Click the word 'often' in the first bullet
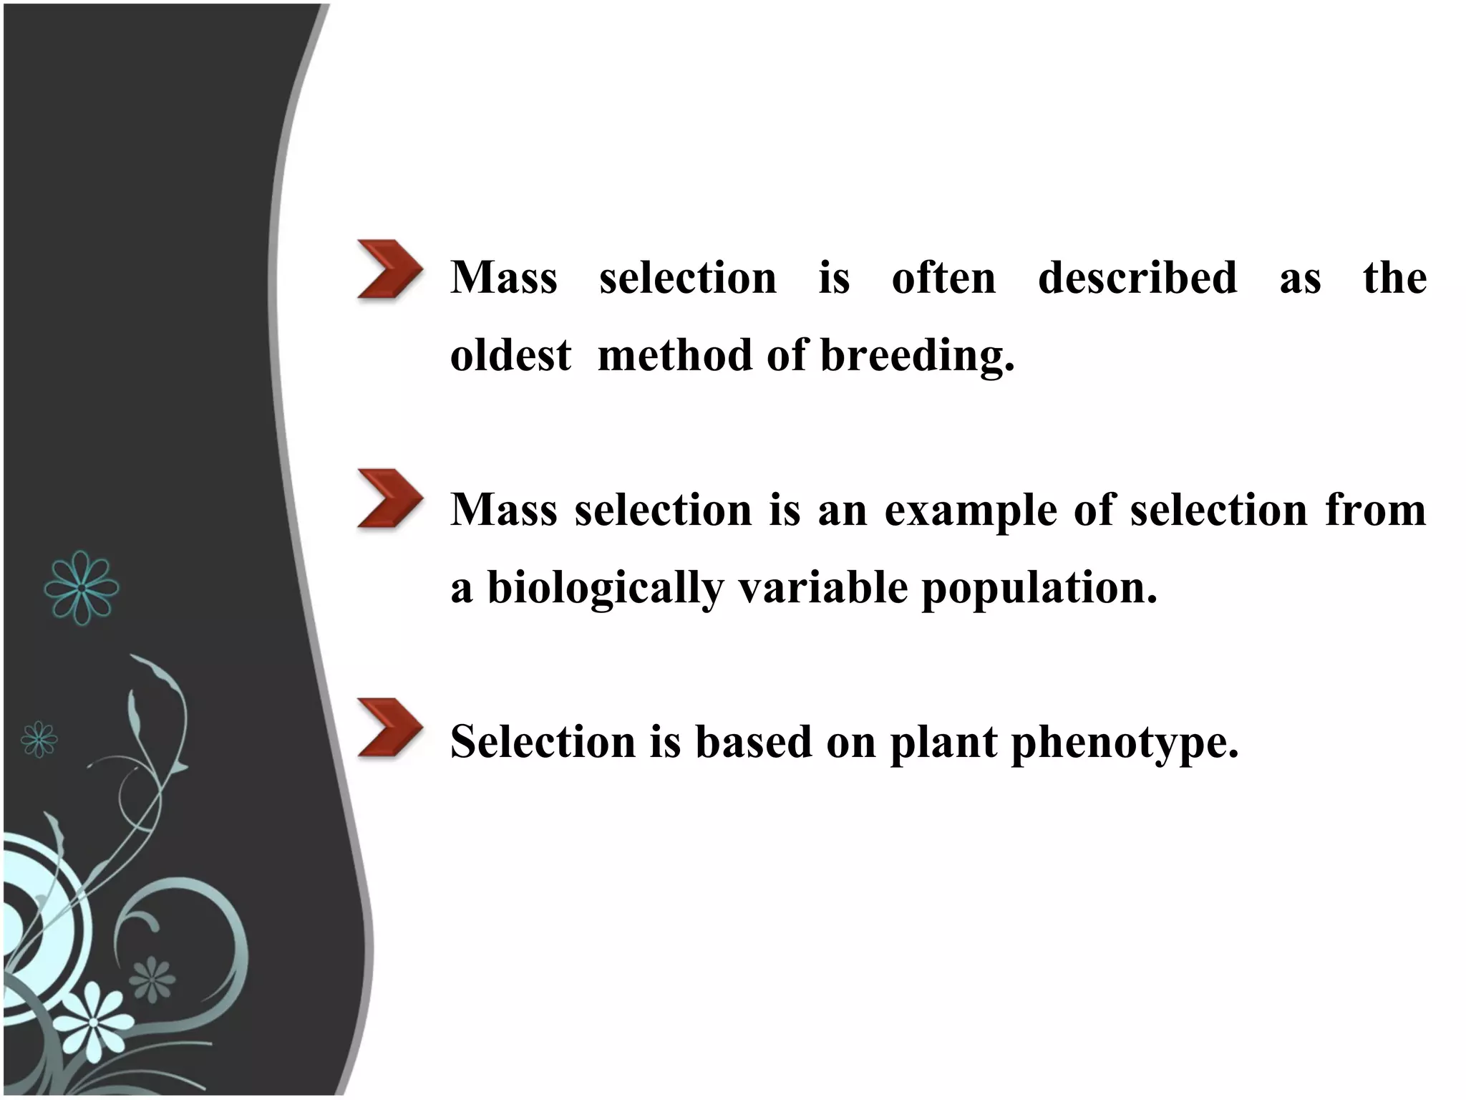pos(943,278)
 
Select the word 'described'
pos(1137,278)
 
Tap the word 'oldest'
pos(510,356)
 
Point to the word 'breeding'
pos(916,356)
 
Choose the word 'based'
pos(753,742)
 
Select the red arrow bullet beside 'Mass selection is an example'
pos(389,498)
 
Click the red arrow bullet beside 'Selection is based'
pos(389,728)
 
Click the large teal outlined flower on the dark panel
pos(81,588)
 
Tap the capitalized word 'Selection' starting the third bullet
pos(543,742)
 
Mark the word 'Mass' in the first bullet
pos(504,278)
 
